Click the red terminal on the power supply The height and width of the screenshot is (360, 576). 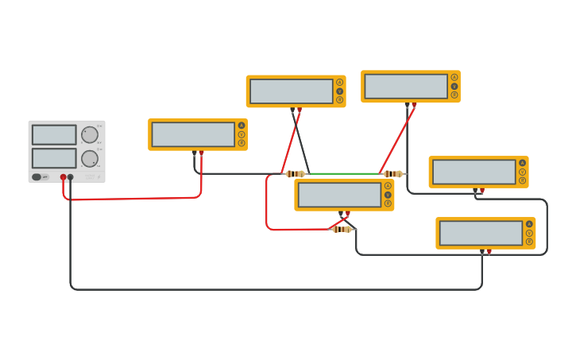pos(63,177)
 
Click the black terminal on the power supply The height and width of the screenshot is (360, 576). pos(71,177)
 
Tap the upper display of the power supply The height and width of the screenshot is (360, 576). pos(54,134)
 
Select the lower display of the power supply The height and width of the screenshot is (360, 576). pos(54,157)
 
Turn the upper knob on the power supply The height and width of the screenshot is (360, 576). pos(89,134)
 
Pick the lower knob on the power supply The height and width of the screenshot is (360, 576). pos(89,158)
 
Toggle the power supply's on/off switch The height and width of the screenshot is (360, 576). pos(37,176)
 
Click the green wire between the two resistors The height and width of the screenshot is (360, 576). pos(344,174)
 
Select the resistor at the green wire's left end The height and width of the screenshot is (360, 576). pos(295,174)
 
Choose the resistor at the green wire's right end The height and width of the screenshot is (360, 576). pos(392,174)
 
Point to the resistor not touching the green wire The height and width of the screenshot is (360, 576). pos(342,229)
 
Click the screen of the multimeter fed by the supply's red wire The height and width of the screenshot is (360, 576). pos(193,134)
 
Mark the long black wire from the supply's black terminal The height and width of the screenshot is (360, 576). pos(270,289)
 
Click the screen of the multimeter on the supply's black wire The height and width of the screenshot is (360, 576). pos(481,233)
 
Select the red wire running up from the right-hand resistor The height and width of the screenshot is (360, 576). pos(397,139)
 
